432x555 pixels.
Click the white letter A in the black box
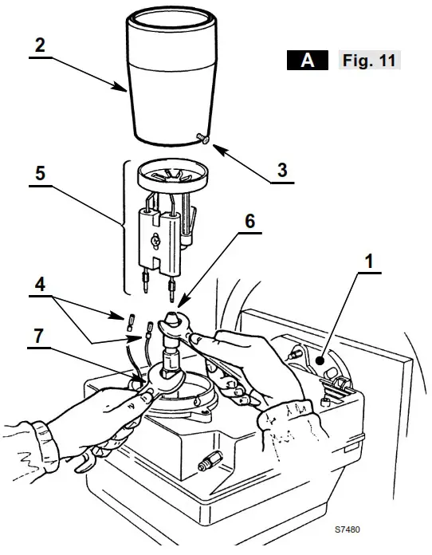[307, 61]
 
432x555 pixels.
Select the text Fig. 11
[369, 61]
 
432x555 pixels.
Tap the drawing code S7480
[348, 529]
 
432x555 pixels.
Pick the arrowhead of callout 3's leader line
[213, 144]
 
